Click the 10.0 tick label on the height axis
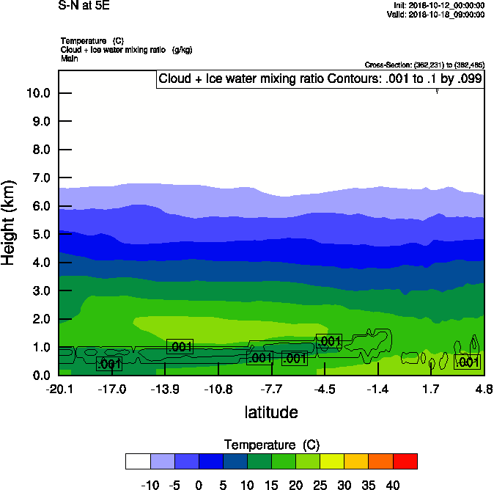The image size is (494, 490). tap(37, 93)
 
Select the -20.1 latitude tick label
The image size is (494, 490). tap(59, 389)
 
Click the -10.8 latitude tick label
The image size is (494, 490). tap(218, 389)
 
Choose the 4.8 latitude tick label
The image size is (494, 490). tap(483, 389)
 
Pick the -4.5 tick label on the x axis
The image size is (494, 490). tap(325, 389)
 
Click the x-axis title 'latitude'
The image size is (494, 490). tap(271, 412)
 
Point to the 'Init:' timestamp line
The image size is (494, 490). tap(438, 5)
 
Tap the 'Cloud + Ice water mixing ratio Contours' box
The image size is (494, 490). tap(320, 79)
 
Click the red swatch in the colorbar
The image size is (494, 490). tap(405, 461)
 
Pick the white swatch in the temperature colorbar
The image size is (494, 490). tap(138, 461)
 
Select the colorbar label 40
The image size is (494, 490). tap(394, 485)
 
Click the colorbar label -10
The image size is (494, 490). tap(150, 485)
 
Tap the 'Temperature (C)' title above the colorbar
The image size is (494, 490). tap(271, 445)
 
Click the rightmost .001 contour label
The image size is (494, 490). tap(467, 362)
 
